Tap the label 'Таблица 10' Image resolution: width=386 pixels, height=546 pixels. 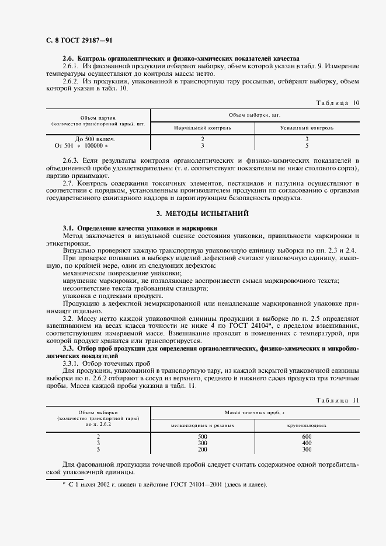point(338,103)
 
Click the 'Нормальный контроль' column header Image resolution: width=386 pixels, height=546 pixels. point(203,127)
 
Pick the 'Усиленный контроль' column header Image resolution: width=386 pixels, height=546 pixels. point(307,127)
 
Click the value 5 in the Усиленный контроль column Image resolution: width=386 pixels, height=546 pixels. point(307,146)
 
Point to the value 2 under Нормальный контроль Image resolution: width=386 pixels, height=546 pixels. point(203,139)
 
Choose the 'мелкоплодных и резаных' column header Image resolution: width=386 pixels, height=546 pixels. point(203,425)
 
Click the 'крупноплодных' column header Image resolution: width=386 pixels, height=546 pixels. point(307,425)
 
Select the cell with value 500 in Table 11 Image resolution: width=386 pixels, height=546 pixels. point(203,436)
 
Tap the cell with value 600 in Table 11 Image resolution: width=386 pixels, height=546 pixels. point(307,436)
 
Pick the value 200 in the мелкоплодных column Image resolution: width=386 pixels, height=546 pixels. point(203,449)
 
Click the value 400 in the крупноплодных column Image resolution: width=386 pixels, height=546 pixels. point(307,443)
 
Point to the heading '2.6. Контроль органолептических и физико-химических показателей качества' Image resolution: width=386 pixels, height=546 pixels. point(180,59)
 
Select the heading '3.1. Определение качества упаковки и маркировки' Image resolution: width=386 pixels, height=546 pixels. point(140,227)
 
